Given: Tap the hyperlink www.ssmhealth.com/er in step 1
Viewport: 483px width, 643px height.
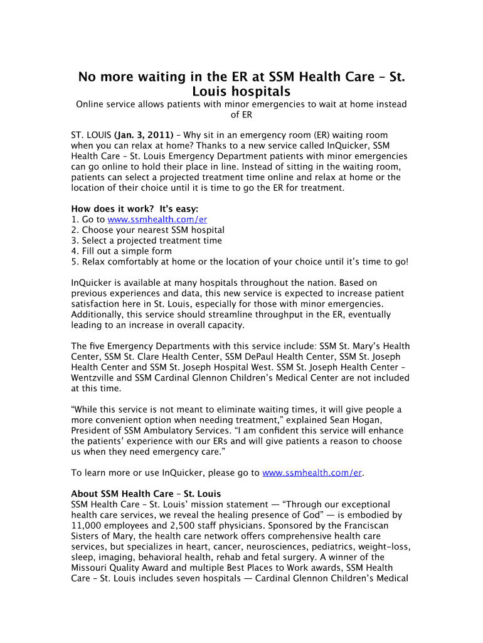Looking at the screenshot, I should click(157, 220).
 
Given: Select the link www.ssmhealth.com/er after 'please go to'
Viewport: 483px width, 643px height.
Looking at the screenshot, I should click(312, 473).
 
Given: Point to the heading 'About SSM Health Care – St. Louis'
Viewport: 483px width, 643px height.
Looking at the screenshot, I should click(146, 494).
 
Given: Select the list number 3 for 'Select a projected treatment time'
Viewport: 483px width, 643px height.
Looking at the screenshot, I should click(74, 240).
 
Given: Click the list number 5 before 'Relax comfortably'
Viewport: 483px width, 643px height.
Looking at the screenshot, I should click(74, 262).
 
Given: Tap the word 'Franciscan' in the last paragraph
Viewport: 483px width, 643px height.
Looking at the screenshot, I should click(384, 526).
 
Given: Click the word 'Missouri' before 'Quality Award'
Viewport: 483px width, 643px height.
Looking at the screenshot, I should click(89, 568).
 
